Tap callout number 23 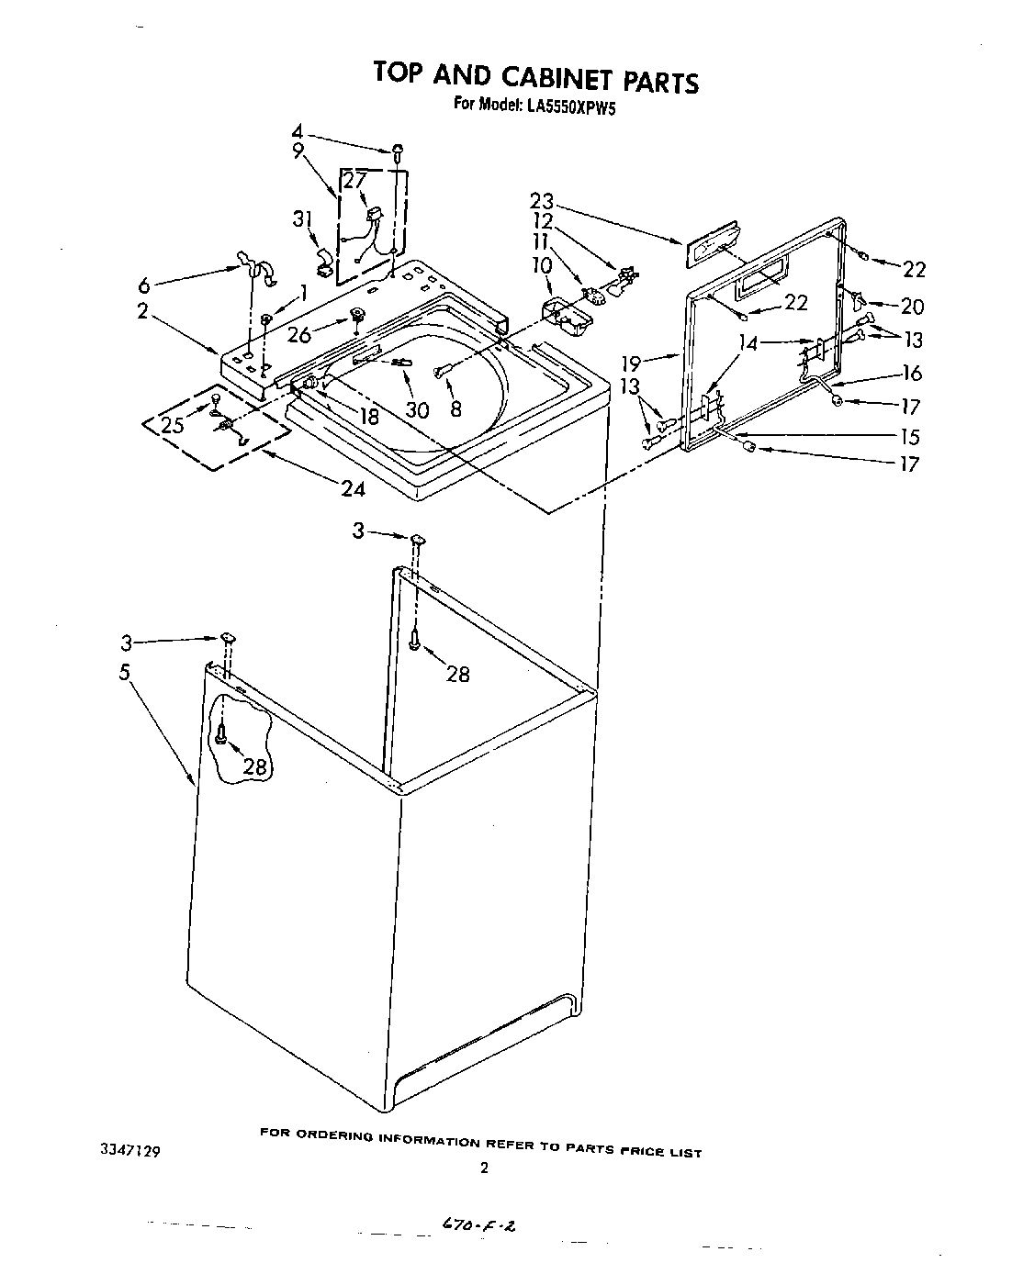click(x=544, y=201)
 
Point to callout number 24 click(x=353, y=488)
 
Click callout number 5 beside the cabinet click(x=124, y=672)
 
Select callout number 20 click(x=912, y=306)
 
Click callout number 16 click(x=912, y=373)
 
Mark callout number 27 click(x=355, y=182)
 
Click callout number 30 click(x=417, y=410)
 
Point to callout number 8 click(x=456, y=410)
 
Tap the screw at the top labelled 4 click(x=399, y=151)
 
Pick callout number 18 click(x=368, y=416)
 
